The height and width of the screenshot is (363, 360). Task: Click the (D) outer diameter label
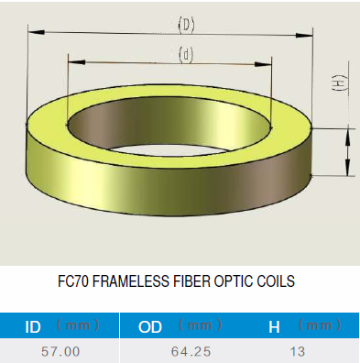(x=186, y=25)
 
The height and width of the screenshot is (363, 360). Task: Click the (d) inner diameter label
(x=186, y=55)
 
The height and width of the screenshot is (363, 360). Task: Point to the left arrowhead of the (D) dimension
(x=37, y=31)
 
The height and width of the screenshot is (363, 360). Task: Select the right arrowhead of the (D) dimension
(x=304, y=35)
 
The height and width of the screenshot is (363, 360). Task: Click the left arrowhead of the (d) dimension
(x=76, y=62)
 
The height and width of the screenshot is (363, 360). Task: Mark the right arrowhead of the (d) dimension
(x=263, y=64)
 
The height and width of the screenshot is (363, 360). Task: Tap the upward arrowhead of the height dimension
(x=347, y=137)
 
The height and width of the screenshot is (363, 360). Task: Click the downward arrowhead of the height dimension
(x=347, y=168)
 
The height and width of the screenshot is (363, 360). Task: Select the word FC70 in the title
(x=73, y=281)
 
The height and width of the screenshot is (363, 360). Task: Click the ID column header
(x=33, y=327)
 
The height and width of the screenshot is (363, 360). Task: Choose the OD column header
(x=150, y=327)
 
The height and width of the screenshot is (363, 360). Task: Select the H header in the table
(x=274, y=327)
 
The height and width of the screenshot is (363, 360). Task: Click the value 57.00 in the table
(x=60, y=352)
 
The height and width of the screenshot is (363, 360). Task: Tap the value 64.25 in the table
(x=191, y=352)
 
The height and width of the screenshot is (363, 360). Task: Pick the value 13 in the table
(x=298, y=352)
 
